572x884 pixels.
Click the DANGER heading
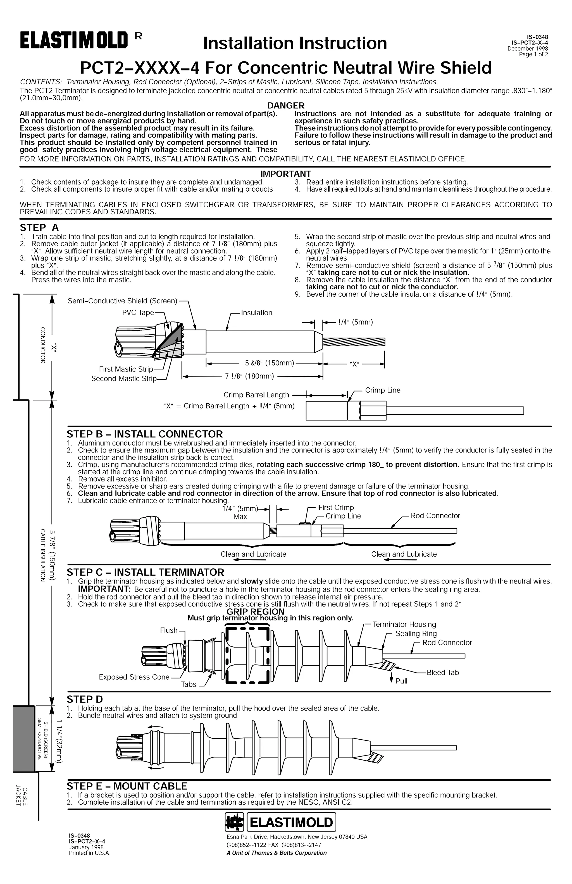point(286,106)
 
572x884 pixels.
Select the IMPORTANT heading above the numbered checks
point(286,173)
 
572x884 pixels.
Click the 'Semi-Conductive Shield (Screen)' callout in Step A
point(123,301)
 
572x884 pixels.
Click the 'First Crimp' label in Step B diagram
point(336,507)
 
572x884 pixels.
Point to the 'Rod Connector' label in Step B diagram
point(435,516)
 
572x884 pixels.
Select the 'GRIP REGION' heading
point(255,611)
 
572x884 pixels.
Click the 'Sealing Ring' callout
point(416,634)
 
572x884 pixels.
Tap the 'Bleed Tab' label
point(442,672)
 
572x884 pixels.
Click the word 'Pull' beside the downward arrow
point(402,681)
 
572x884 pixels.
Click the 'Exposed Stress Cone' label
point(134,677)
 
